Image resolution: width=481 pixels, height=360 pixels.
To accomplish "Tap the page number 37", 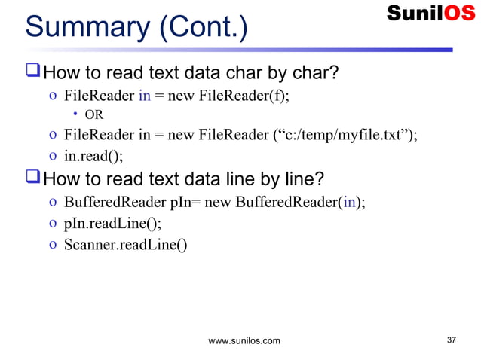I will point(452,340).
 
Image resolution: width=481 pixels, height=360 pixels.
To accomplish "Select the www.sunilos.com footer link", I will point(244,341).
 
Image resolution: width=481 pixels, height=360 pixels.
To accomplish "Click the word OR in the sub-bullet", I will point(93,115).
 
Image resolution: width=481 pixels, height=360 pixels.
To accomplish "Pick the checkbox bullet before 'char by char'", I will point(32,74).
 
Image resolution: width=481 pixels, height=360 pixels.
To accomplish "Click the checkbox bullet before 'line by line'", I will point(32,180).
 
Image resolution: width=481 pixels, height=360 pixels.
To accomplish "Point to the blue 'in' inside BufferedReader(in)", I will point(351,203).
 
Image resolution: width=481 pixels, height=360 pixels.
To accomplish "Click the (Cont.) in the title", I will point(201,28).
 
